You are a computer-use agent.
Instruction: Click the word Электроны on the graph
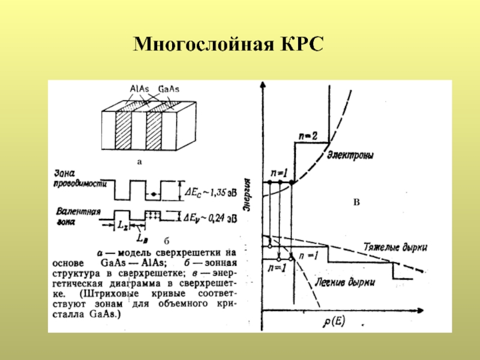(x=350, y=155)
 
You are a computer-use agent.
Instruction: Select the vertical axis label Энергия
(x=247, y=193)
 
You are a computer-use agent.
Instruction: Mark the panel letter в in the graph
(x=356, y=203)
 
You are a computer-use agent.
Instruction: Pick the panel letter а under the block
(x=140, y=161)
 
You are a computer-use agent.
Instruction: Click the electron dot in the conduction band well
(x=155, y=194)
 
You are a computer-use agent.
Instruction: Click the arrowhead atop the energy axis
(x=262, y=86)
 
